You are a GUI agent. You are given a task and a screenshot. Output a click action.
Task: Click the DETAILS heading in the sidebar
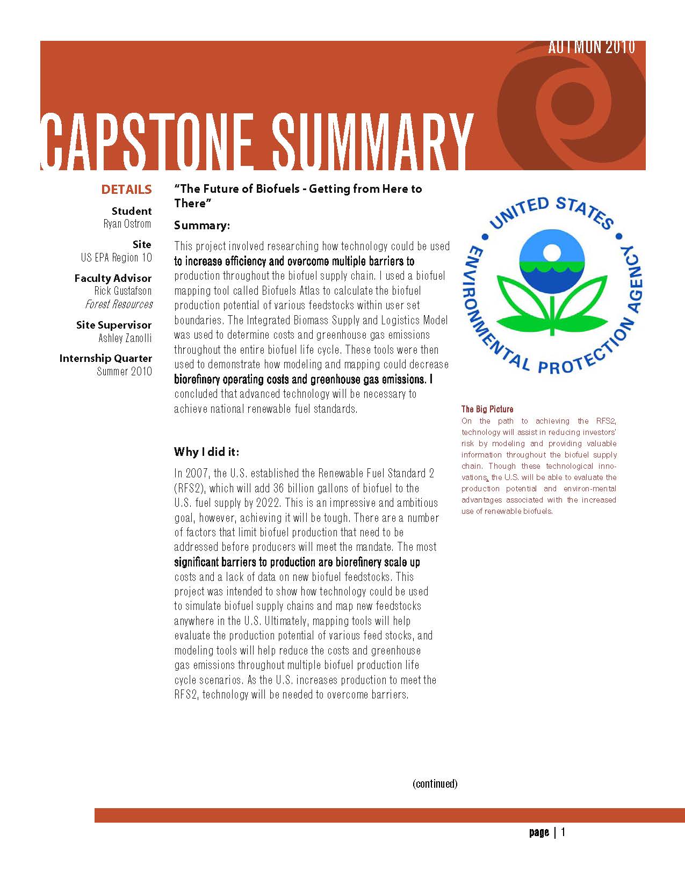[126, 190]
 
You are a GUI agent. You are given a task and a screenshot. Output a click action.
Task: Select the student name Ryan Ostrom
[127, 224]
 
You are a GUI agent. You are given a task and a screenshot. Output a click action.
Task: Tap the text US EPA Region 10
[116, 258]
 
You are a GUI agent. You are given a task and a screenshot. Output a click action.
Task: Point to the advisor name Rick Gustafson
[123, 291]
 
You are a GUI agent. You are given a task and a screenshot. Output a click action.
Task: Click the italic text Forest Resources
[119, 304]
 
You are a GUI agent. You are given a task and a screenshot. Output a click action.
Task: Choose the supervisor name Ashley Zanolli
[125, 338]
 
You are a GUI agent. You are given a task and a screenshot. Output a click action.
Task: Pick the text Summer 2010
[124, 372]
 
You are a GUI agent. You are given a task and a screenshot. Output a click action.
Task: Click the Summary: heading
[202, 226]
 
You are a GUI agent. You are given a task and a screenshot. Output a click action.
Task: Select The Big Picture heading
[487, 409]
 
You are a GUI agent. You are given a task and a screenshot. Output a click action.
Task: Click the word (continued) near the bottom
[435, 783]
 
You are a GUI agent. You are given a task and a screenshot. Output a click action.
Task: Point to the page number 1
[563, 832]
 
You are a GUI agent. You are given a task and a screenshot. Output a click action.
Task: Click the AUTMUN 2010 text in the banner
[592, 48]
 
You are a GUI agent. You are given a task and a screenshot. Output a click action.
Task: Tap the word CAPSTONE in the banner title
[147, 142]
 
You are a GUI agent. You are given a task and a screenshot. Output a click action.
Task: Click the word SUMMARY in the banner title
[372, 142]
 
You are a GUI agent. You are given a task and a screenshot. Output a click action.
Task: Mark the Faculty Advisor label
[113, 278]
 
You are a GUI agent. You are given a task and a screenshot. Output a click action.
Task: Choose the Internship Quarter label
[106, 358]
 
